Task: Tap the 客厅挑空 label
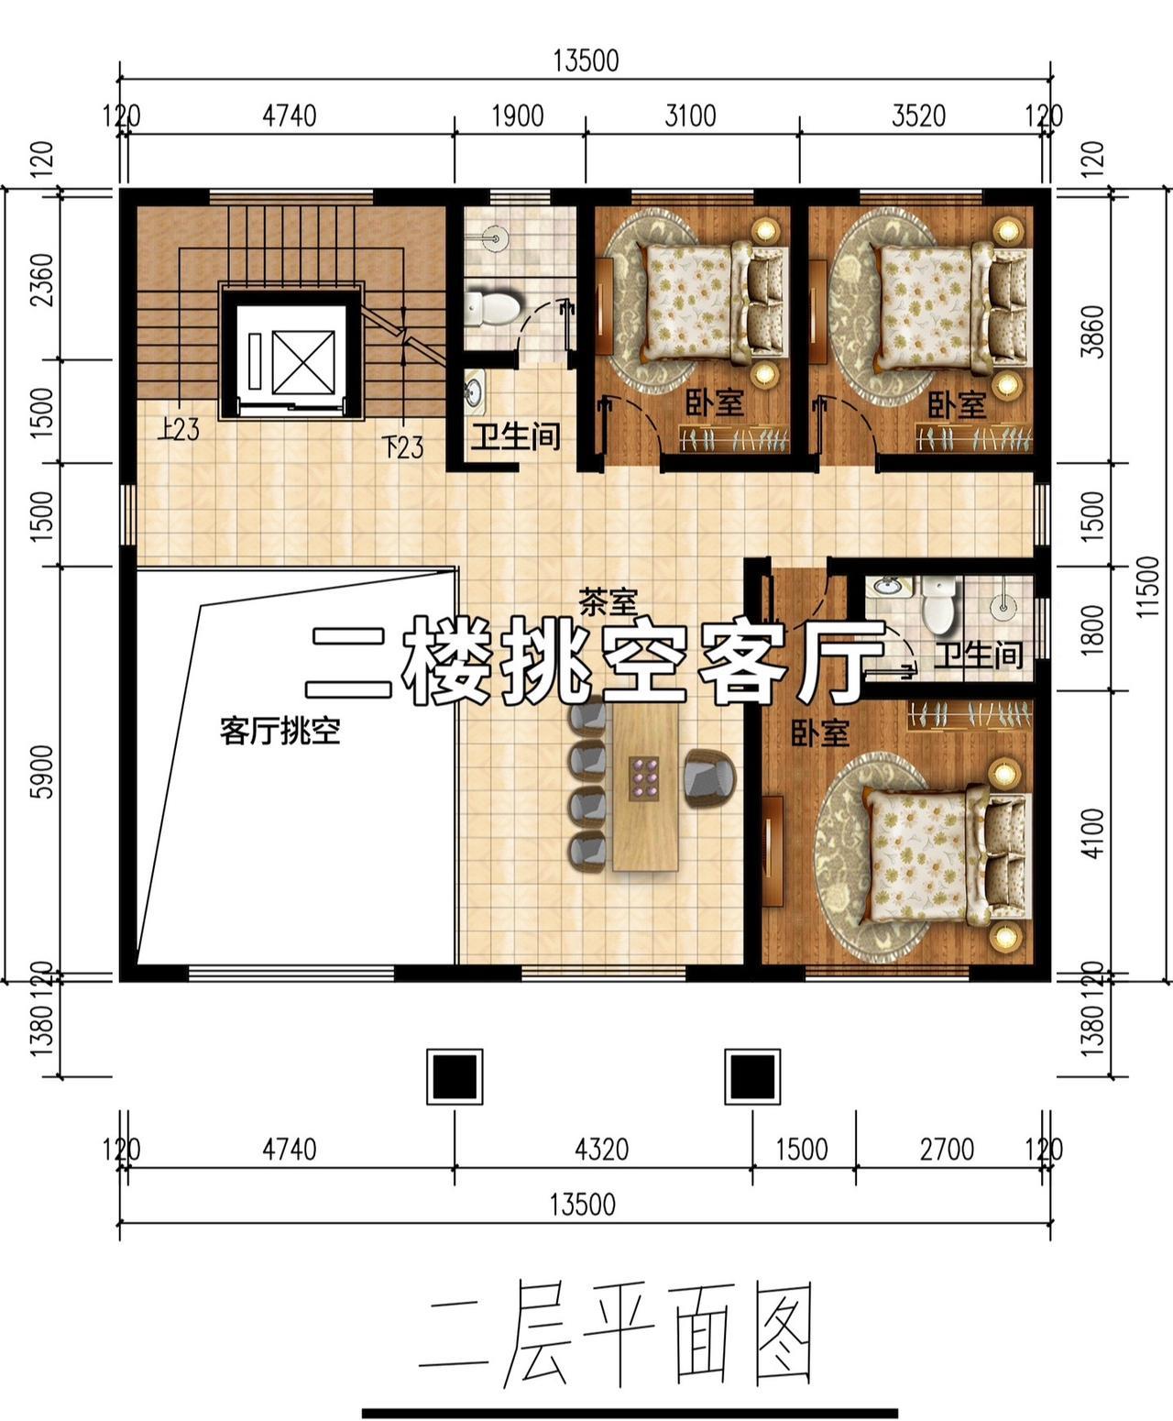point(280,732)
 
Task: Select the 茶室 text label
point(608,602)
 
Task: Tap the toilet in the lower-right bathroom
point(938,602)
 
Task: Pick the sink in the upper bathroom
point(476,391)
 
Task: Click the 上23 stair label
point(179,430)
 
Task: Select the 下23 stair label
point(402,447)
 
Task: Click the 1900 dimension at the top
point(518,116)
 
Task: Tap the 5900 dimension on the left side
point(42,771)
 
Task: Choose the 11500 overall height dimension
point(1147,587)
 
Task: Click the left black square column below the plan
point(455,1076)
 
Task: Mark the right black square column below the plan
point(751,1076)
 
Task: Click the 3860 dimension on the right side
point(1092,332)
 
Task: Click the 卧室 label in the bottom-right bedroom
point(819,733)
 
